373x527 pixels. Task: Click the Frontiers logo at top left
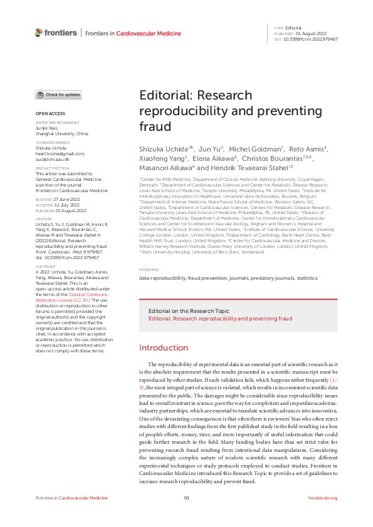point(56,33)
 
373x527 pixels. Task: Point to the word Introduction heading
point(163,348)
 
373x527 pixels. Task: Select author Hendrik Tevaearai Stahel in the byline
point(258,168)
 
